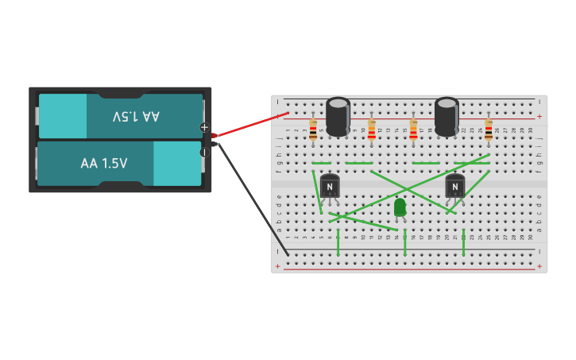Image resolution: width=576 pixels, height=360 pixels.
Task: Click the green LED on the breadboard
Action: (400, 207)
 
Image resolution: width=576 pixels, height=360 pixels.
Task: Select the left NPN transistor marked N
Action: (330, 186)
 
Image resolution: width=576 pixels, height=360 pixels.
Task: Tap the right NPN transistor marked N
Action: (454, 186)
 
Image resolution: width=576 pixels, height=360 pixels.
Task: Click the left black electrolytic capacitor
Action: (338, 116)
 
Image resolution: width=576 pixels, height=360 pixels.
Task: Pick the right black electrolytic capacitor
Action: (446, 116)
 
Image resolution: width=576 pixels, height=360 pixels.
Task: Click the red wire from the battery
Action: (250, 125)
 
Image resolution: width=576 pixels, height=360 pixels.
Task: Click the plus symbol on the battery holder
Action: (204, 127)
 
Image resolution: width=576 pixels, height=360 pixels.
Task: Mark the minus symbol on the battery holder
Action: (204, 152)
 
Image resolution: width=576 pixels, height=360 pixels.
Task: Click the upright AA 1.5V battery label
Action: (103, 164)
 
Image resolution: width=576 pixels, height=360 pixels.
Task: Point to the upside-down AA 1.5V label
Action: (136, 116)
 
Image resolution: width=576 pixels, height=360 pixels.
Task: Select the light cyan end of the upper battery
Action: (63, 116)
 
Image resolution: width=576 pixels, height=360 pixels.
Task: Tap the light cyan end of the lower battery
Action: (177, 164)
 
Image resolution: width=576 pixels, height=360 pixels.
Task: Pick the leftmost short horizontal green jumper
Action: (321, 163)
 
